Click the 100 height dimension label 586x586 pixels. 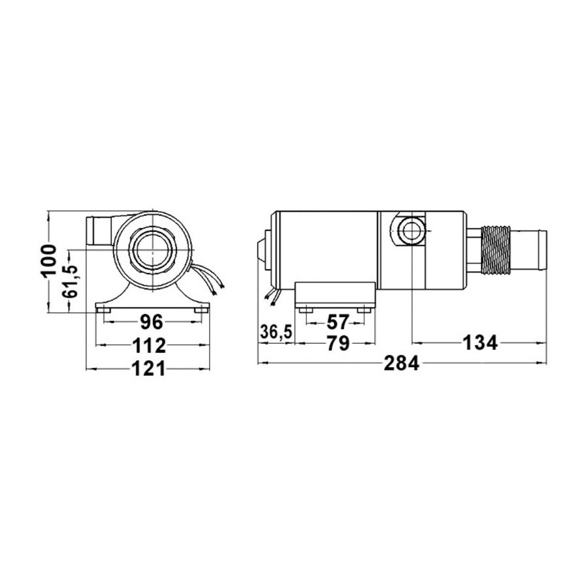[x=49, y=261]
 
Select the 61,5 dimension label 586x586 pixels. [x=70, y=281]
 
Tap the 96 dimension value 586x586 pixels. [x=151, y=322]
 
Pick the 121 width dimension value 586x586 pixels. [x=148, y=369]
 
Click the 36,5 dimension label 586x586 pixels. [x=276, y=332]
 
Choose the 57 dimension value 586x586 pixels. [x=337, y=322]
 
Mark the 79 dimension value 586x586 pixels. [x=338, y=343]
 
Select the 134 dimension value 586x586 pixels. [x=481, y=342]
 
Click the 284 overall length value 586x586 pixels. [x=402, y=363]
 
